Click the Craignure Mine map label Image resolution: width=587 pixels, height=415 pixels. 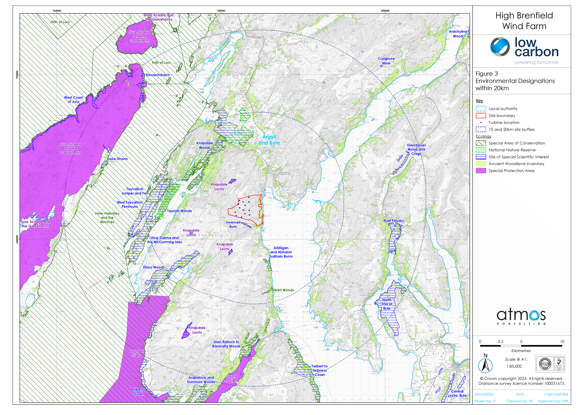point(386,61)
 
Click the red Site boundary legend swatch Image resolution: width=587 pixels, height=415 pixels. point(481,116)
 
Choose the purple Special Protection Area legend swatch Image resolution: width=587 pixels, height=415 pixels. point(481,171)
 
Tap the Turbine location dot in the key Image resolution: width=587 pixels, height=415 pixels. point(481,123)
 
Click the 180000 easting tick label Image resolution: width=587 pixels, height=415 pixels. point(221,11)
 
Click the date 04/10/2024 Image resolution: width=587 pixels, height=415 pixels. point(484,394)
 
